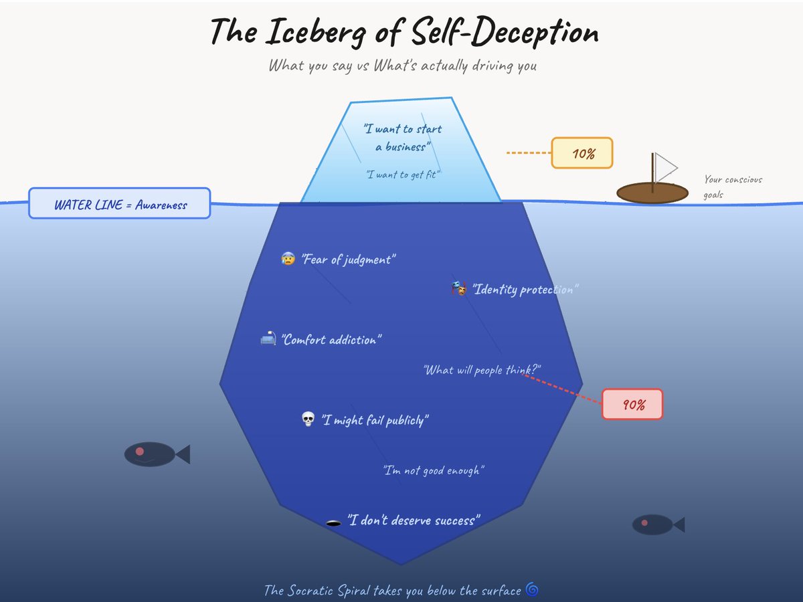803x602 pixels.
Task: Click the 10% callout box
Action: pyautogui.click(x=582, y=153)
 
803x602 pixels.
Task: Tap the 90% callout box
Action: pyautogui.click(x=632, y=404)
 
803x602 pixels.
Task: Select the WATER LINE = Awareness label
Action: pyautogui.click(x=120, y=203)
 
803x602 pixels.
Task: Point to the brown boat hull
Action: pyautogui.click(x=652, y=193)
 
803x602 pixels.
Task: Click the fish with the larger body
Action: pyautogui.click(x=150, y=454)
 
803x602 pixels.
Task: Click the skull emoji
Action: pyautogui.click(x=308, y=419)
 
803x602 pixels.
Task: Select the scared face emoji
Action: pyautogui.click(x=288, y=258)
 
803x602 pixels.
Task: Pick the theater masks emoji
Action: pyautogui.click(x=458, y=289)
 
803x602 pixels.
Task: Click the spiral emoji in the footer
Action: pyautogui.click(x=532, y=589)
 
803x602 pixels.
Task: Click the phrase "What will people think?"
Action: pyautogui.click(x=482, y=370)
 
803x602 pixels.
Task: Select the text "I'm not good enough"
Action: pyautogui.click(x=434, y=470)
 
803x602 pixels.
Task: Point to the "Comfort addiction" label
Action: pyautogui.click(x=331, y=340)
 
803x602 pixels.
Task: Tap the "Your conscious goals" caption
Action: pyautogui.click(x=733, y=187)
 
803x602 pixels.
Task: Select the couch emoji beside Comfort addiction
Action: pyautogui.click(x=268, y=339)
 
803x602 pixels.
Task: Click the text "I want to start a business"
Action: pyautogui.click(x=403, y=137)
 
